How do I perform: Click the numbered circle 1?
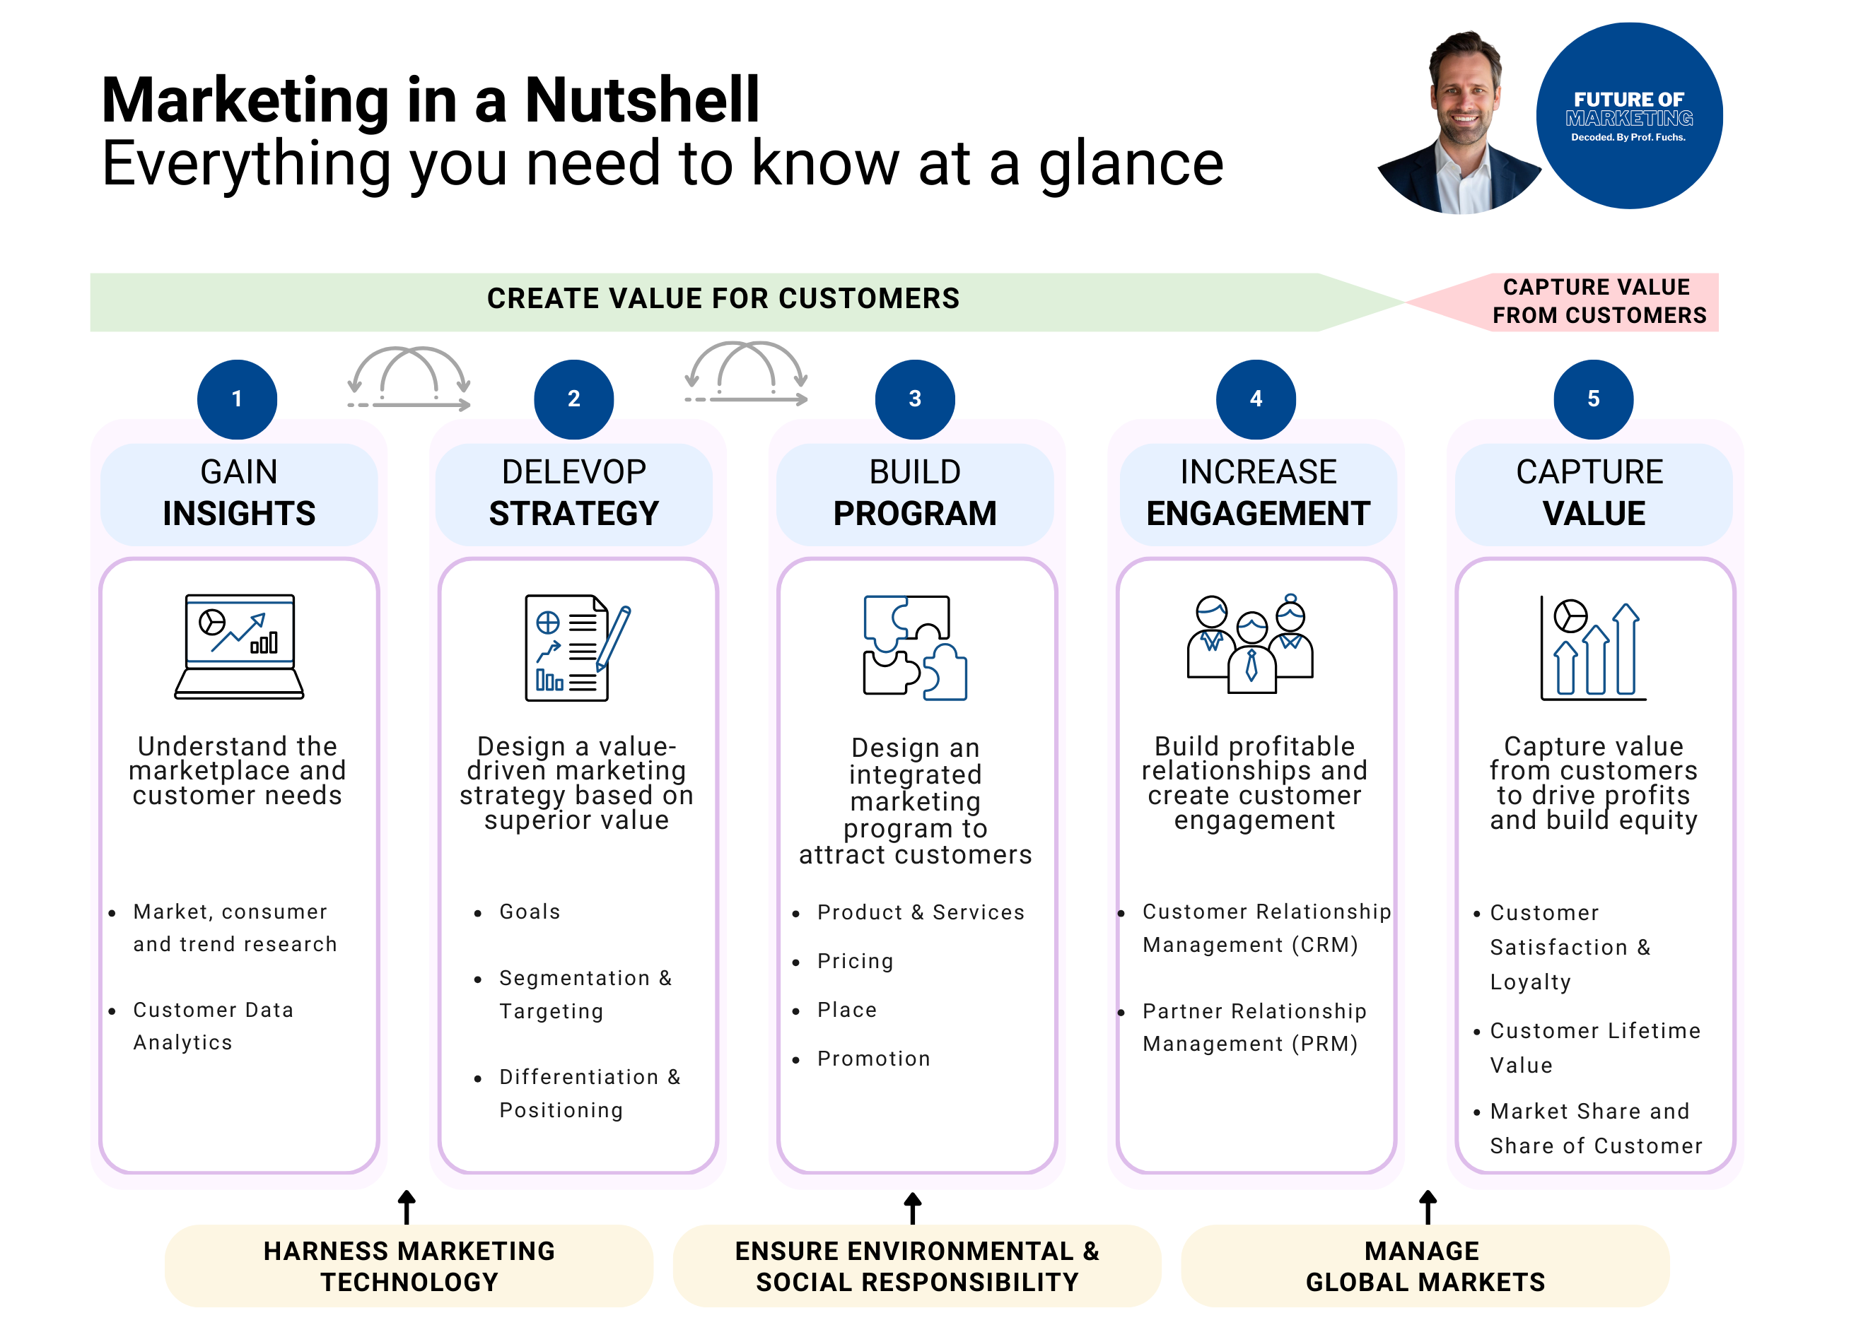pos(237,399)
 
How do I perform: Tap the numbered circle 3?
pos(914,399)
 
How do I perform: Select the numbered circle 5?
pos(1592,399)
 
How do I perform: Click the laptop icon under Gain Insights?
pos(239,646)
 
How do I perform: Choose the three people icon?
pos(1249,644)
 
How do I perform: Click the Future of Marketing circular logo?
pos(1629,116)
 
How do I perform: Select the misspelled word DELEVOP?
pos(574,472)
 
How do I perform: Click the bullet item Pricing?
pos(855,961)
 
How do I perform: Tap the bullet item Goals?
pos(530,912)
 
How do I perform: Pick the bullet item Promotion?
pos(873,1058)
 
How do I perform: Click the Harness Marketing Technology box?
pos(409,1266)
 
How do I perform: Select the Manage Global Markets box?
pos(1424,1266)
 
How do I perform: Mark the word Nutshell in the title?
pos(641,100)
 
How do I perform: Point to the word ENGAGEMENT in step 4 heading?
pos(1258,514)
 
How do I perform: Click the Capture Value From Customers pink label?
pos(1598,301)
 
